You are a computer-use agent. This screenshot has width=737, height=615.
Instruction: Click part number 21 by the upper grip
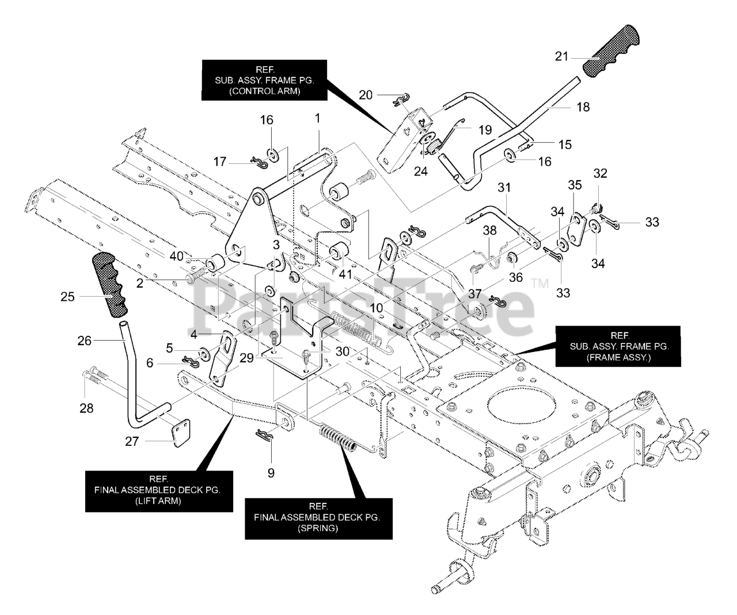coord(561,56)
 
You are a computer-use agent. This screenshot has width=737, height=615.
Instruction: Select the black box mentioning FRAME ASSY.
coord(617,346)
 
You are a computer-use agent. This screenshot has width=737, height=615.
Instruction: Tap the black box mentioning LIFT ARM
coord(159,491)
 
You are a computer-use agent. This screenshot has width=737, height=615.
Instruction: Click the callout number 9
coord(271,473)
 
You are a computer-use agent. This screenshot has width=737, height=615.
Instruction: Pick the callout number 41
coord(345,274)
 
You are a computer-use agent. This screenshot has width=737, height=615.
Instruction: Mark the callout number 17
coord(220,162)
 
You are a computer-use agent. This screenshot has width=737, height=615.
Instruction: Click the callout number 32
coord(600,173)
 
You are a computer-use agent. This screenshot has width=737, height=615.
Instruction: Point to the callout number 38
coord(489,230)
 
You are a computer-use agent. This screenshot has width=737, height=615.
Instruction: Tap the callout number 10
coord(376,308)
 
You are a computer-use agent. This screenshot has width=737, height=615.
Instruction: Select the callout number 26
coord(84,341)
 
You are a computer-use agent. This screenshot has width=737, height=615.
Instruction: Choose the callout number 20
coord(366,95)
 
